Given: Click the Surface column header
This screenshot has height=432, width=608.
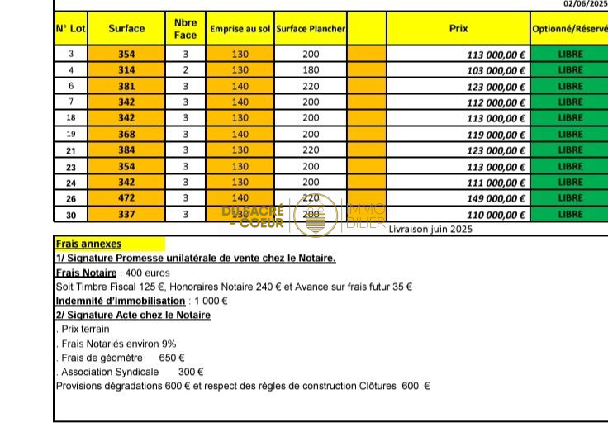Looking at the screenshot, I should point(126,28).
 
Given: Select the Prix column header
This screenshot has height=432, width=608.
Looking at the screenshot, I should point(458,28).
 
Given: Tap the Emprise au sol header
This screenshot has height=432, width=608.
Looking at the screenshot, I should point(240,29).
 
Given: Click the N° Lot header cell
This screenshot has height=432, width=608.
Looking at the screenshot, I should point(71,28).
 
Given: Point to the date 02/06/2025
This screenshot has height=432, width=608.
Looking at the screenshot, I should point(585,4).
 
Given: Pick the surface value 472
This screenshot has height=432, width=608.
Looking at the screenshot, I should point(126,198).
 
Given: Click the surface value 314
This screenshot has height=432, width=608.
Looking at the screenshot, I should point(126,70).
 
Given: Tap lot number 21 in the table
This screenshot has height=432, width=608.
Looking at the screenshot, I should point(71,150).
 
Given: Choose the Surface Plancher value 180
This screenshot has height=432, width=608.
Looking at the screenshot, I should point(311,70).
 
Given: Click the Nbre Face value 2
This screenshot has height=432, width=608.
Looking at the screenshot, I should point(185,70).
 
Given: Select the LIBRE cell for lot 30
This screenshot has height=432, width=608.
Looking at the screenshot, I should point(570,214).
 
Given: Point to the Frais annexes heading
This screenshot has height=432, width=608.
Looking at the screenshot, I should point(88,244).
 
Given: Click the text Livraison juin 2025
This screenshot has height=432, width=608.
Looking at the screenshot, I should point(430,230).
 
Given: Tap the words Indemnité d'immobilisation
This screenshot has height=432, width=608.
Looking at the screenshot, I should point(121,301).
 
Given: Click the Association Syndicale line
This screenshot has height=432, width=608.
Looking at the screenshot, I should point(132,372).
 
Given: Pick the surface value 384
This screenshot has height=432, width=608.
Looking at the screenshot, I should point(126,150).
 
